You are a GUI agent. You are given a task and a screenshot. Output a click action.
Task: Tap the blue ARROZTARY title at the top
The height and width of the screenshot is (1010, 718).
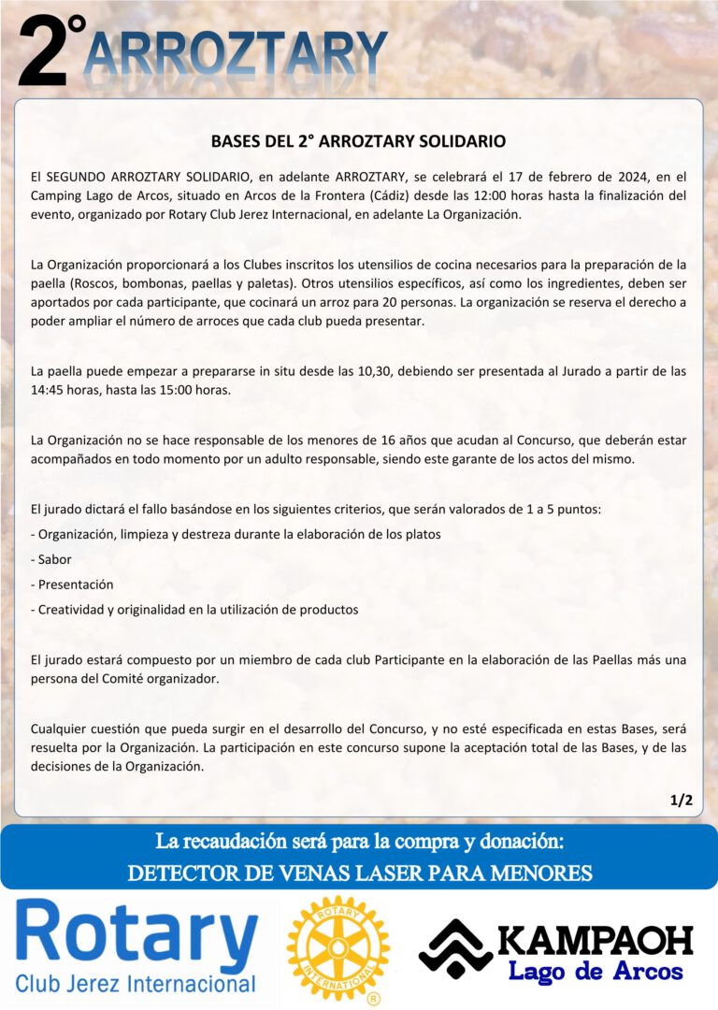236,54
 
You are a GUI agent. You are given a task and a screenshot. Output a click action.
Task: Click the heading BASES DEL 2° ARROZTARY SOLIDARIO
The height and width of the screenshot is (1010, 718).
358,141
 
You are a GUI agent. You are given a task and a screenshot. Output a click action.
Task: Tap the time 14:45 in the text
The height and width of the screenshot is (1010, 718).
49,390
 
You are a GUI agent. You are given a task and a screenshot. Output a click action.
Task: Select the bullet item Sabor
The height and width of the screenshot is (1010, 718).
54,559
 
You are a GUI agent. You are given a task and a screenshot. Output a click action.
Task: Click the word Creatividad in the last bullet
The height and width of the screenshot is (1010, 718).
74,609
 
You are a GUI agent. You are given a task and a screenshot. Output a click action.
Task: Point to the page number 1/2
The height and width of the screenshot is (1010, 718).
681,800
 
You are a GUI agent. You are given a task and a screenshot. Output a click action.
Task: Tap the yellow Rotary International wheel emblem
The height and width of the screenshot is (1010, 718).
337,948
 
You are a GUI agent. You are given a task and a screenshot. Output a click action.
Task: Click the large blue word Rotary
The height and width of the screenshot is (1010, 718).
136,937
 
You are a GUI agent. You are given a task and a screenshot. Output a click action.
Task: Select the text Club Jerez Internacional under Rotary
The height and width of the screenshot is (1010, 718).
136,984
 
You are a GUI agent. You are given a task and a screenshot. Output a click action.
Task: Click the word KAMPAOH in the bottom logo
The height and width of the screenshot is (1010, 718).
596,941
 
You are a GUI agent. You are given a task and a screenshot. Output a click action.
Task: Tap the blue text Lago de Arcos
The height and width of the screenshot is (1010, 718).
596,972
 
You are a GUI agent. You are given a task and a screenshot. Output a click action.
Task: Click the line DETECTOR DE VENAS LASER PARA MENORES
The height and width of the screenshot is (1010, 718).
359,873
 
